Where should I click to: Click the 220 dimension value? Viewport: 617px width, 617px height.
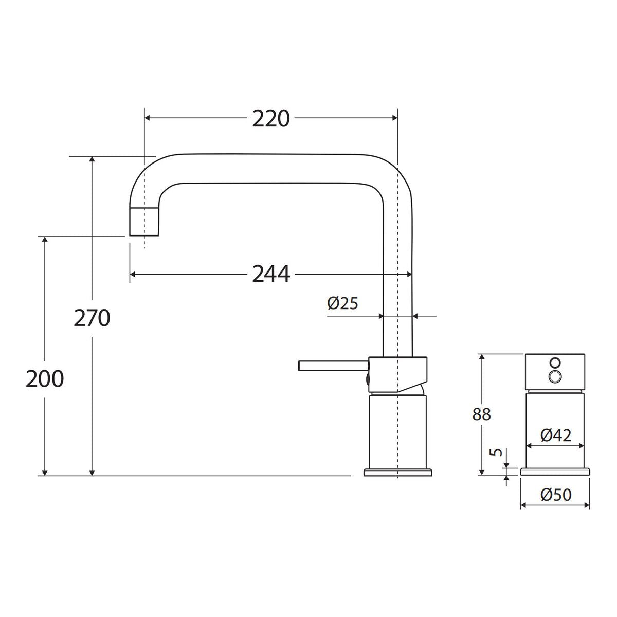tap(270, 119)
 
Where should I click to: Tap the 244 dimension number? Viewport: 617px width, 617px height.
tap(271, 274)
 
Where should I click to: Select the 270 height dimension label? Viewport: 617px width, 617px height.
tap(92, 318)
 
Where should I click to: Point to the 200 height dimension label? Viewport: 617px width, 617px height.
tap(45, 379)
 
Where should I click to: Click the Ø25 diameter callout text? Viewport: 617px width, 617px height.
tap(342, 303)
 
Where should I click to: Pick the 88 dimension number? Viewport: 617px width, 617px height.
tap(481, 414)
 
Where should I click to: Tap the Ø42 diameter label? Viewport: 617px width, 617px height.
tap(555, 435)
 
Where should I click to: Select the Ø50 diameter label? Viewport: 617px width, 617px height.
tap(555, 494)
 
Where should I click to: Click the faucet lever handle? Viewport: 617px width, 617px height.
tap(333, 366)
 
